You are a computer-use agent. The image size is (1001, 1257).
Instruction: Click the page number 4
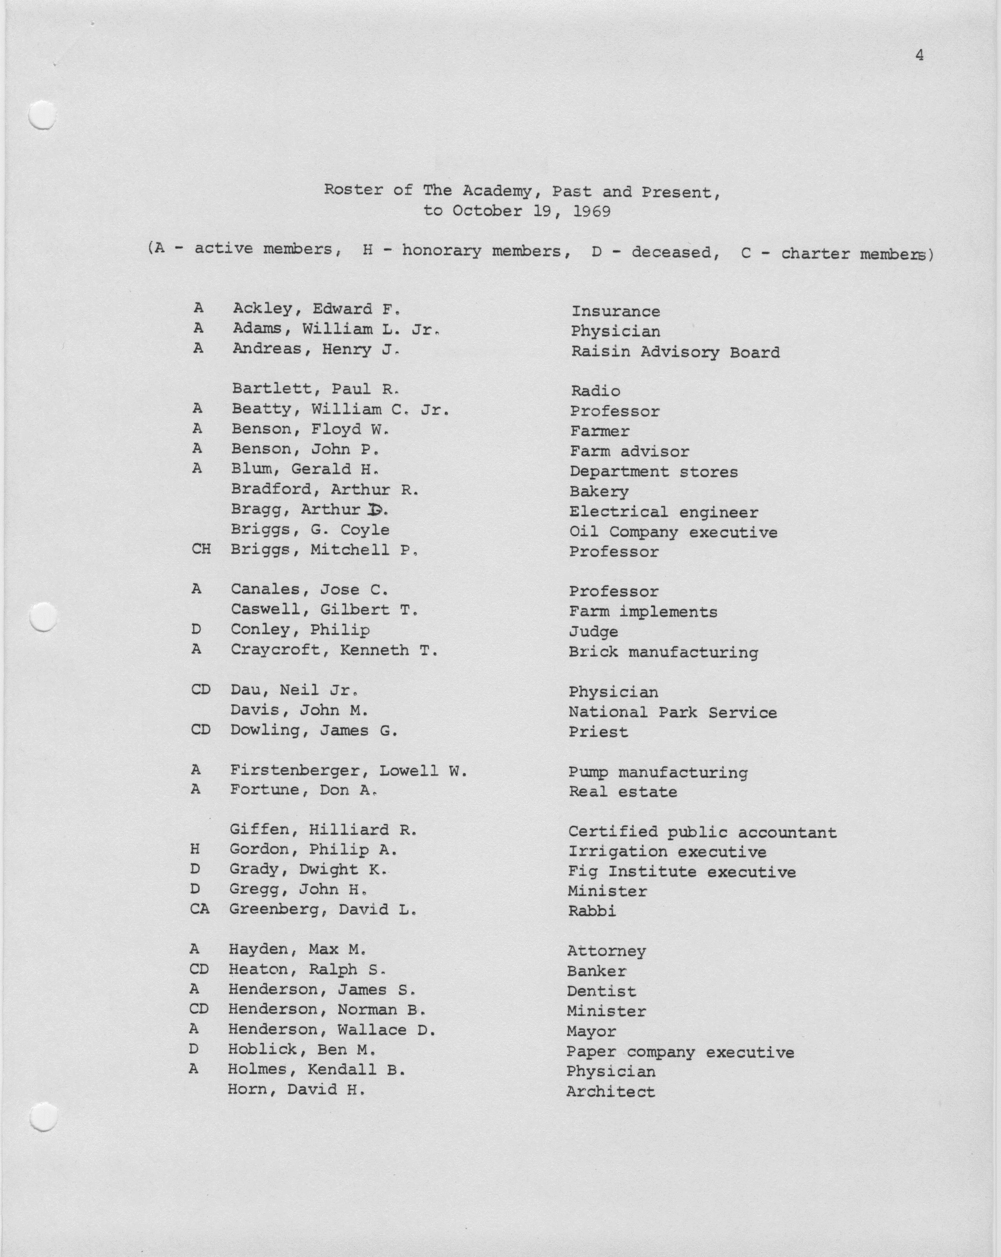[919, 55]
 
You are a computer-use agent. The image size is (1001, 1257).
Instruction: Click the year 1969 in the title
[592, 211]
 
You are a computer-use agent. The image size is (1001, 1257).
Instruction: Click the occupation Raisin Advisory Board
[675, 352]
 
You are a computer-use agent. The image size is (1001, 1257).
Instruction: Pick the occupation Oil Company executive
[673, 532]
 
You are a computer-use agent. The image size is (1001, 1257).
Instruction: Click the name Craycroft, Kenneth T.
[334, 650]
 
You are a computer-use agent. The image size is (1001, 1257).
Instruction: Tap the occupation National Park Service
[672, 713]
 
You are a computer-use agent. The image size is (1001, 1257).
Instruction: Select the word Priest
[598, 732]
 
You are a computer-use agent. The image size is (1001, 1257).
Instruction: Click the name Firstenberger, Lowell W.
[349, 771]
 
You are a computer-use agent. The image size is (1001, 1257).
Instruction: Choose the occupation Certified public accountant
[702, 832]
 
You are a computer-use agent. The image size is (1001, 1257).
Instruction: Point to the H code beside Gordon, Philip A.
[195, 850]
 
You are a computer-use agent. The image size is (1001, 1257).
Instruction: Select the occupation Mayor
[591, 1032]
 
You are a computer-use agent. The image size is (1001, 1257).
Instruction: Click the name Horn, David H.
[296, 1090]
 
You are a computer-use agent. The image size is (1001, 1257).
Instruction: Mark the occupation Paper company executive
[680, 1052]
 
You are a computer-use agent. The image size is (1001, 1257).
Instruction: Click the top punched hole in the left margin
[42, 115]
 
